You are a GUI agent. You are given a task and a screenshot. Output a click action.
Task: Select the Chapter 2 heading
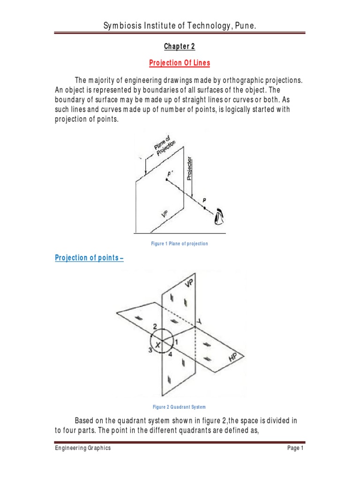(x=179, y=46)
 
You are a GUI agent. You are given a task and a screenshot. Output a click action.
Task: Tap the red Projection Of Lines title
(x=179, y=63)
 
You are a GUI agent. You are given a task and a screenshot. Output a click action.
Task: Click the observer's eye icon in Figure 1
(x=219, y=217)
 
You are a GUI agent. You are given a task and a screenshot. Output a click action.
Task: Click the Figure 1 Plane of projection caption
(x=180, y=244)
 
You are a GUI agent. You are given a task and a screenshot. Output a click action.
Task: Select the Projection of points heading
(x=89, y=258)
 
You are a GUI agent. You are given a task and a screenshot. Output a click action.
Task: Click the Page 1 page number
(x=296, y=448)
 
